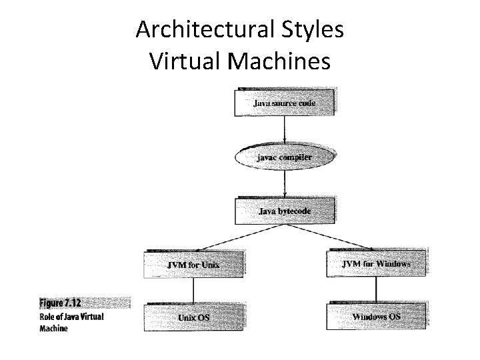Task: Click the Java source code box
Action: (x=285, y=103)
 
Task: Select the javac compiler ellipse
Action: (x=285, y=157)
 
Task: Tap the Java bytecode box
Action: (x=285, y=211)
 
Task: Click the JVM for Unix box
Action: (x=193, y=264)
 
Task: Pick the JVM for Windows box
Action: (x=377, y=263)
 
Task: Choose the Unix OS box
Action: (x=193, y=317)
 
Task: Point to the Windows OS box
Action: (x=377, y=316)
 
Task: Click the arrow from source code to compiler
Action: (x=285, y=129)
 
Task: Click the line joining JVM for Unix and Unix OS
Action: (x=193, y=291)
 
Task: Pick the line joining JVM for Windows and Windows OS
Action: (x=377, y=290)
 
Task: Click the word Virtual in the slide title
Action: (x=186, y=61)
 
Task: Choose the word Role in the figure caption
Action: (x=49, y=317)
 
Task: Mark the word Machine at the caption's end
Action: (x=53, y=328)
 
